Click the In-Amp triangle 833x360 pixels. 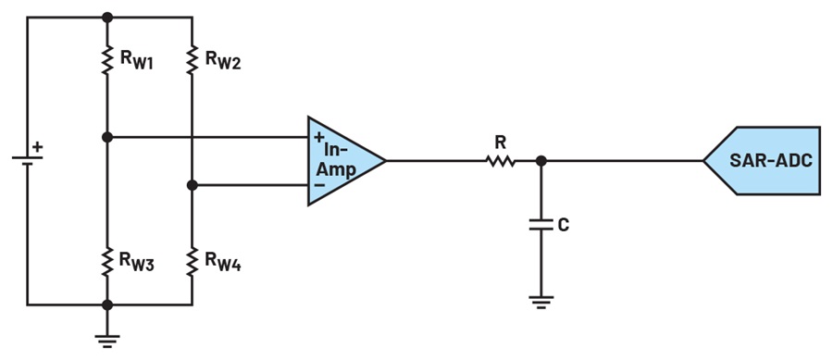341,160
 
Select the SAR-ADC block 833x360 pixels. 763,160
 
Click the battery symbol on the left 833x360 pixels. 28,160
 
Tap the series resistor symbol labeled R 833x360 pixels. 501,160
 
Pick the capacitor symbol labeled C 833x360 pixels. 541,224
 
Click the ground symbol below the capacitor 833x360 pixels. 541,302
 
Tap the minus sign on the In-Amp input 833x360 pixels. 319,184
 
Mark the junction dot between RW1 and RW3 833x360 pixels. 107,137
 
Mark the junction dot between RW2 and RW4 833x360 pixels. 193,185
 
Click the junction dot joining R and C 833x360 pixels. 541,160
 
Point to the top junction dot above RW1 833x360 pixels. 107,17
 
